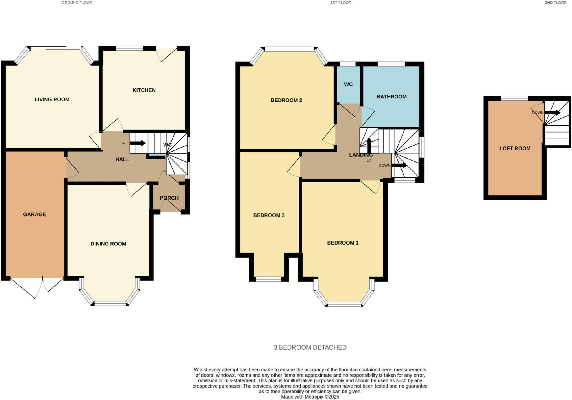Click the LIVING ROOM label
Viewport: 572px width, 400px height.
52,99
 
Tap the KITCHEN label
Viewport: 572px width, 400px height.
144,90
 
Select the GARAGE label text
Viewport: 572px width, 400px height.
34,214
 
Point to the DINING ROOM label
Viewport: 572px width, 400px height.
108,244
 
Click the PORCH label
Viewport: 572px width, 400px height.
169,198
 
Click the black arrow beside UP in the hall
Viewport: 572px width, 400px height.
138,143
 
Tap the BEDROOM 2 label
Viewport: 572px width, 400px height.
286,100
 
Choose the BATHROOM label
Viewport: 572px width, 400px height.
392,97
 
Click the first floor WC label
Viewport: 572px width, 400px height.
348,84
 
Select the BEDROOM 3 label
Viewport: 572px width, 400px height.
269,215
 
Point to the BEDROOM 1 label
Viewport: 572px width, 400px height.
343,243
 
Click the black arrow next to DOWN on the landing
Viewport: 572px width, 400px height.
399,165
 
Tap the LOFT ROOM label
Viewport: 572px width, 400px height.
515,148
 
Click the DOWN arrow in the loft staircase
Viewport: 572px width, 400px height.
553,113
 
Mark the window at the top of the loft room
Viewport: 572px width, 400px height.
514,98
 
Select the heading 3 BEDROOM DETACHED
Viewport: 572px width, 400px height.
310,347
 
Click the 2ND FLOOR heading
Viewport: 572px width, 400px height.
555,3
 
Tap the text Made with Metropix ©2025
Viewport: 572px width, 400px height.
310,397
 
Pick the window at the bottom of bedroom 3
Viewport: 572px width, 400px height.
269,279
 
